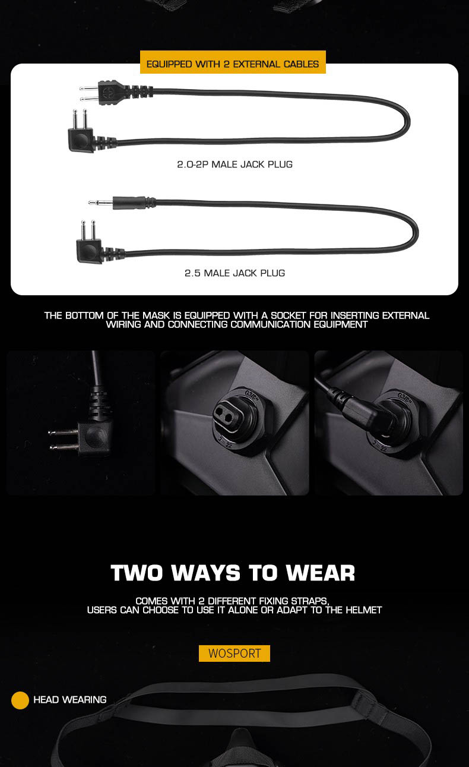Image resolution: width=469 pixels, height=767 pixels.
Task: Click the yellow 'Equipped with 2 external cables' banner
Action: pos(233,62)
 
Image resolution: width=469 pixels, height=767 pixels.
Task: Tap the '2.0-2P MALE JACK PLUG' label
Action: pos(235,165)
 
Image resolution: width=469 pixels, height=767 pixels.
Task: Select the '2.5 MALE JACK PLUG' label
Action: pos(235,273)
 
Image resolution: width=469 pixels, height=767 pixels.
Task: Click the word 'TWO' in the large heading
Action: pos(137,573)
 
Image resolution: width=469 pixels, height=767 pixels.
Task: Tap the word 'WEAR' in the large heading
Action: pos(321,573)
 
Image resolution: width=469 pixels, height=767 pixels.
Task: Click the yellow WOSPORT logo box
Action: pos(235,654)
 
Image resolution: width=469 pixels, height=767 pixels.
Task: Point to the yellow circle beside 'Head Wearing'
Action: pos(20,700)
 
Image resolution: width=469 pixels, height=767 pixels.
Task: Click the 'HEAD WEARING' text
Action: pos(70,699)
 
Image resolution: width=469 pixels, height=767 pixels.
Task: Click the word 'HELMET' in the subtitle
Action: pos(364,610)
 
